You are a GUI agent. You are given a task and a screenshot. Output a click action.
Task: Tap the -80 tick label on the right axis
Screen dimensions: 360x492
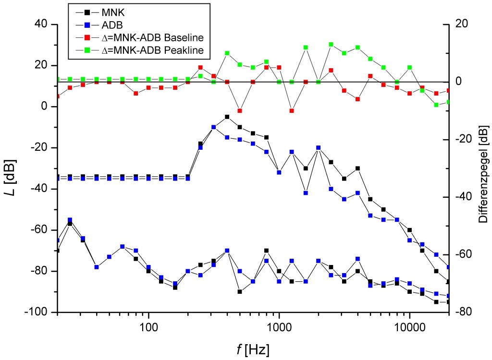coord(463,312)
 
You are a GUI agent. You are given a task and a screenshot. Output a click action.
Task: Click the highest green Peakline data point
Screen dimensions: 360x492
coord(331,45)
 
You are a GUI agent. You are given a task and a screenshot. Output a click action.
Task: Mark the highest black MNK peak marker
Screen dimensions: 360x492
coord(227,117)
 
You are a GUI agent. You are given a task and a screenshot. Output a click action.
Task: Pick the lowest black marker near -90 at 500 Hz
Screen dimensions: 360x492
coord(240,291)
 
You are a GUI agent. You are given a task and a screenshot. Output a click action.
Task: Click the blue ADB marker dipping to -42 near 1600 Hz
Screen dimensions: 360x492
coord(306,192)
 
